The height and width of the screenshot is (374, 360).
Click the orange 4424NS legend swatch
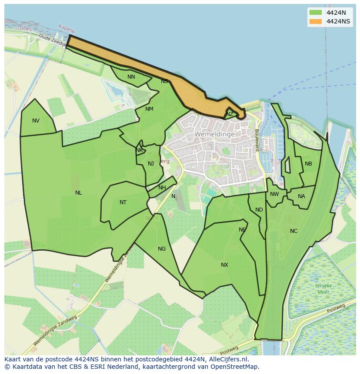(316, 21)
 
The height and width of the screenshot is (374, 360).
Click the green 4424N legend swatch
(316, 13)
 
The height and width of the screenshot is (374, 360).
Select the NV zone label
(36, 121)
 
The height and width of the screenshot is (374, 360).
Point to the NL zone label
(78, 193)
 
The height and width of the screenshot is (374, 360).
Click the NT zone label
(123, 202)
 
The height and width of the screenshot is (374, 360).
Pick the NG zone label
(162, 249)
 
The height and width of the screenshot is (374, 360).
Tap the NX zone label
(224, 265)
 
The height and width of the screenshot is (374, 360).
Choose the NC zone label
(293, 231)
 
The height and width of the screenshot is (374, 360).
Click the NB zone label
(308, 164)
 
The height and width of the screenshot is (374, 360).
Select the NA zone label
(301, 196)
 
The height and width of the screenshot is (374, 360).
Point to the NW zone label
(274, 194)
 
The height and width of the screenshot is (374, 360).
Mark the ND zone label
(259, 210)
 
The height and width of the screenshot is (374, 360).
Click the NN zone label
(131, 77)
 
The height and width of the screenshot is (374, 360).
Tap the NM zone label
(149, 109)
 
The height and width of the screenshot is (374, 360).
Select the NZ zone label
(230, 114)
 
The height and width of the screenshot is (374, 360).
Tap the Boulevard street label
(257, 140)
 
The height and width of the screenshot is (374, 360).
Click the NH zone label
(162, 188)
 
